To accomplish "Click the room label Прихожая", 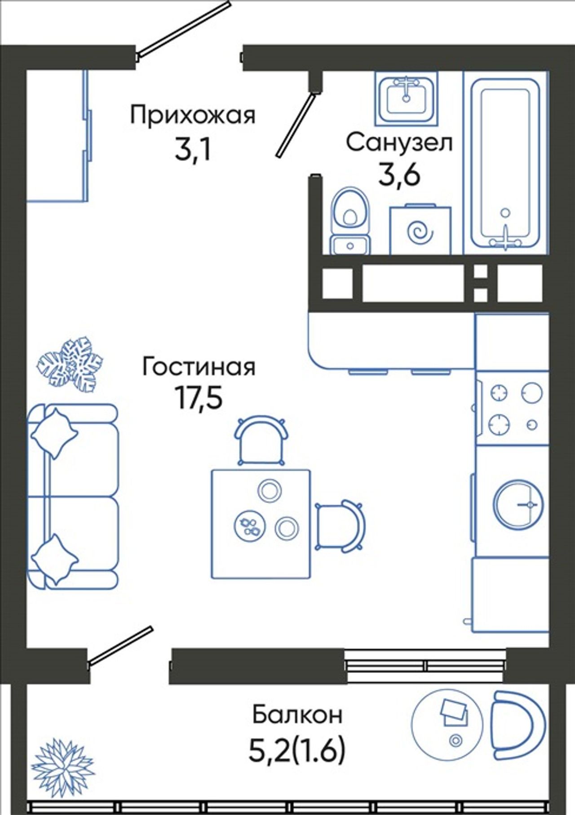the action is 193,116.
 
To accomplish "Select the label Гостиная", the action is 199,366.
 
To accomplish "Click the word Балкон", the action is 297,714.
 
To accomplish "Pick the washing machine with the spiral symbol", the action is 420,230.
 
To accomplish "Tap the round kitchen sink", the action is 518,504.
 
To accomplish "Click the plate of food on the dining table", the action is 250,526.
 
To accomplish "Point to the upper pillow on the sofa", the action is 54,432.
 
